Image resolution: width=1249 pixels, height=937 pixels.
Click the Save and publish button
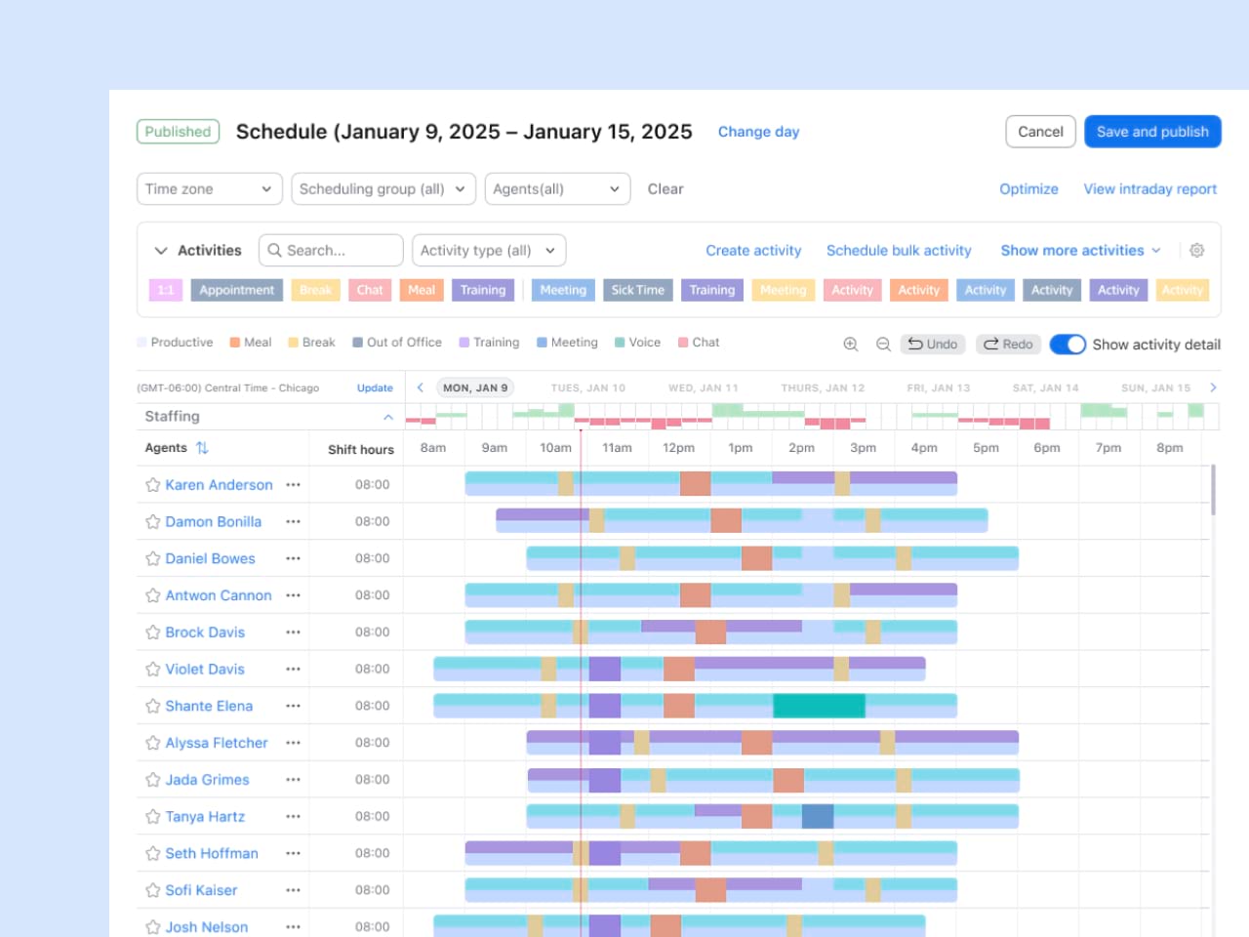coord(1152,132)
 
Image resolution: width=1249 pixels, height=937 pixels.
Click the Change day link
coord(758,132)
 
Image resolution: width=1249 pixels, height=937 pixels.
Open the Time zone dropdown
coord(209,189)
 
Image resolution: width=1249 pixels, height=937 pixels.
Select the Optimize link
coord(1028,189)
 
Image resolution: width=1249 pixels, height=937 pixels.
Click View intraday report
coord(1149,189)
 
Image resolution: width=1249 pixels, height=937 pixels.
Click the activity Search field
coord(332,251)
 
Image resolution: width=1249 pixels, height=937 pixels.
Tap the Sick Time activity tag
coord(637,290)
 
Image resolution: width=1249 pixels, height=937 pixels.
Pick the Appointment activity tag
coord(236,290)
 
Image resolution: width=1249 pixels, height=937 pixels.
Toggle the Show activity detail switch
coord(1068,345)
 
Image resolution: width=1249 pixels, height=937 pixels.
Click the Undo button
coord(932,345)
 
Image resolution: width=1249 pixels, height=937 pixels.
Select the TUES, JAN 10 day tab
coord(587,388)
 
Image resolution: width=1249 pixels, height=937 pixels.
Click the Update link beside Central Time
coord(375,388)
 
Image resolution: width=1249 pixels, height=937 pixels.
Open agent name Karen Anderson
coord(219,485)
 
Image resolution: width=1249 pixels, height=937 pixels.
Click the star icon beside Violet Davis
coord(153,670)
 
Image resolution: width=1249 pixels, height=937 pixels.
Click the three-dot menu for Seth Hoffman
coord(293,854)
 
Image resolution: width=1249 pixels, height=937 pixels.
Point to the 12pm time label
coord(678,448)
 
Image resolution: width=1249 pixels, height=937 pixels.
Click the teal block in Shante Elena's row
coord(819,706)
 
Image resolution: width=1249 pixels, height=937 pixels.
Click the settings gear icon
coord(1197,251)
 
